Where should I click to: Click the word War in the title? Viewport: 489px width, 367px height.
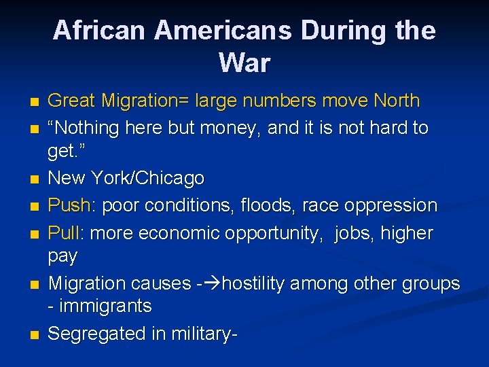[244, 63]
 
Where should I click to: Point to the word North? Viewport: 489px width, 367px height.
[397, 101]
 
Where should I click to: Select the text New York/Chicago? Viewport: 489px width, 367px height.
[126, 179]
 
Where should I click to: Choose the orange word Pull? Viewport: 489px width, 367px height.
[65, 233]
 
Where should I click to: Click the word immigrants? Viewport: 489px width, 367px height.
[105, 307]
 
